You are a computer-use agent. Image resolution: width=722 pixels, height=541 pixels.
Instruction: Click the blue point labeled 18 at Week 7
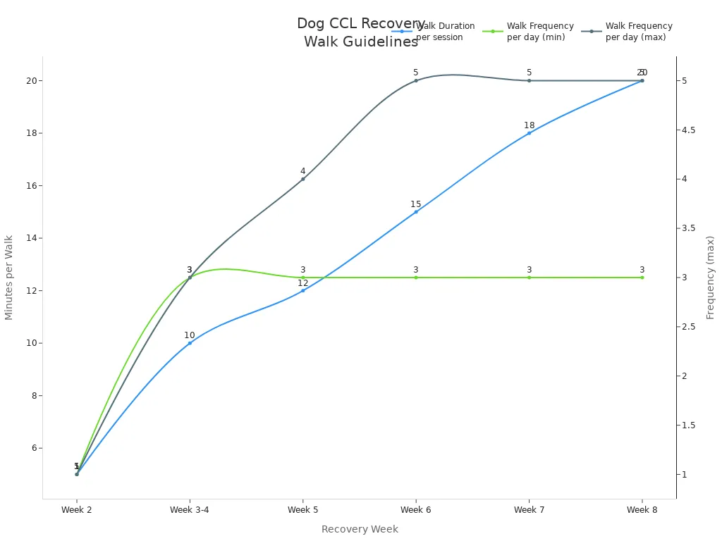[x=529, y=133]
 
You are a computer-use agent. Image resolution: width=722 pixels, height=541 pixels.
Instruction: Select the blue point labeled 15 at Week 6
[x=416, y=212]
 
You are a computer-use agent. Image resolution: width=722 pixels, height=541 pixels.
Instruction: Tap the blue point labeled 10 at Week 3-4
[x=190, y=343]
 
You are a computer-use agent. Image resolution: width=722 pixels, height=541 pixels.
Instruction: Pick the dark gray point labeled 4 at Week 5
[x=303, y=179]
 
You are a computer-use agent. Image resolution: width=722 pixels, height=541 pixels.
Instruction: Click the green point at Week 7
[x=529, y=278]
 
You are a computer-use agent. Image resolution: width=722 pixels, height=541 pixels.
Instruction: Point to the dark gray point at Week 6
[x=416, y=80]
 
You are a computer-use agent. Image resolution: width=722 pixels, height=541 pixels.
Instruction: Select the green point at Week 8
[x=642, y=278]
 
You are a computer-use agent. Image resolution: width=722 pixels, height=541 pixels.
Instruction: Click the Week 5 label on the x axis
[x=303, y=510]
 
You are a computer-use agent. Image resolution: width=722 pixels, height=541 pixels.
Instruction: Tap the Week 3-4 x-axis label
[x=190, y=510]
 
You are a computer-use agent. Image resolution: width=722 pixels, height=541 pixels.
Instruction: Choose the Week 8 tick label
[x=642, y=510]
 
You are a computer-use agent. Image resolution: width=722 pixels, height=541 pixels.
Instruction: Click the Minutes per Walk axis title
[x=9, y=278]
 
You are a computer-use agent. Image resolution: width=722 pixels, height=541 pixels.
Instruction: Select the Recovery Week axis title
[x=360, y=530]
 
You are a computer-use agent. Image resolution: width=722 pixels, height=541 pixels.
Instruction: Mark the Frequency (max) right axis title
[x=711, y=278]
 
